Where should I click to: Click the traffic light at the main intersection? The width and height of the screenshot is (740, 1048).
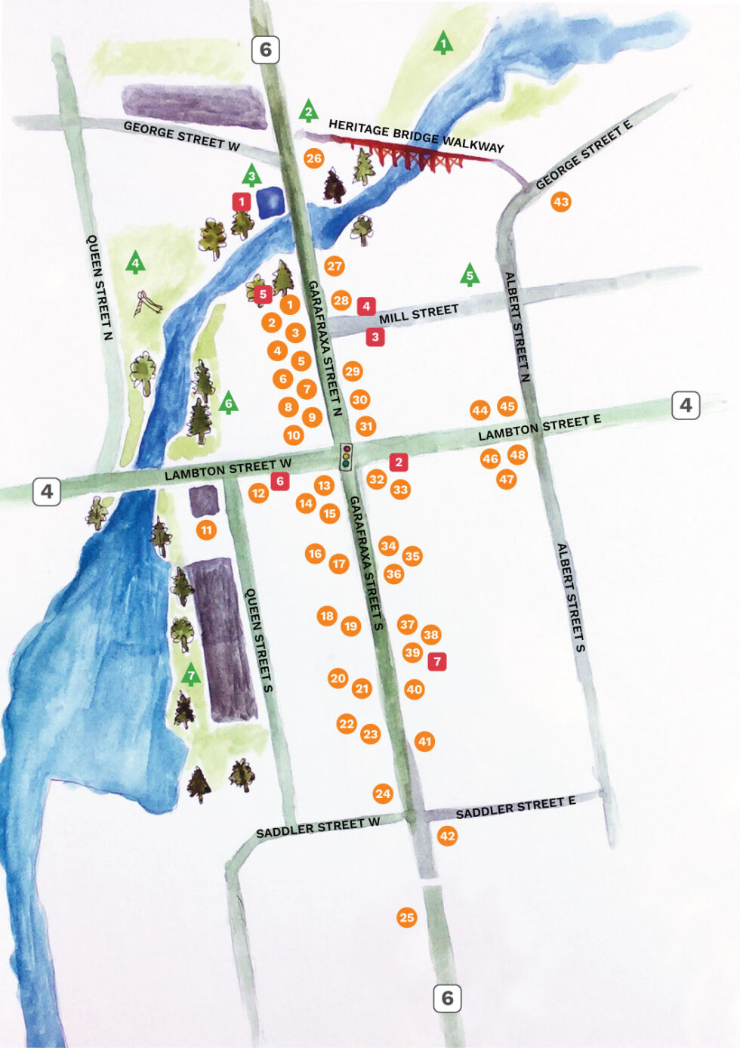point(347,456)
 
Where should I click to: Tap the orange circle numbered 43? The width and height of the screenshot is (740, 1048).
point(560,202)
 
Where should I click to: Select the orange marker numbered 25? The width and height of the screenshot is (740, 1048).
point(406,917)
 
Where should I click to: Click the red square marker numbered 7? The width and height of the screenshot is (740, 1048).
point(436,661)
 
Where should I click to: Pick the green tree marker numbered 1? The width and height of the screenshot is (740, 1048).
point(443,43)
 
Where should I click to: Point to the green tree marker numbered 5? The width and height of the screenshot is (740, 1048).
point(470,276)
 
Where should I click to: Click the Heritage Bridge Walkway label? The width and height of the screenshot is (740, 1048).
point(416,136)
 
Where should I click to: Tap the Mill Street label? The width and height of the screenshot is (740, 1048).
point(418,314)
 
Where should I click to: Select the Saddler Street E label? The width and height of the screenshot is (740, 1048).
point(515,807)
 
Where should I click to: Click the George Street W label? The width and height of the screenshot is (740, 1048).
point(181,136)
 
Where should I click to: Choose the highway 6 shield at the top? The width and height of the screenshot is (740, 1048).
point(266,50)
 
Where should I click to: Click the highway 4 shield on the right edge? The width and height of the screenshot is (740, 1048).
point(685,405)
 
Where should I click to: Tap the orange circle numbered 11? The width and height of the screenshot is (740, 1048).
point(206,530)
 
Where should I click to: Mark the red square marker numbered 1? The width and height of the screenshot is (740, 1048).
point(242,202)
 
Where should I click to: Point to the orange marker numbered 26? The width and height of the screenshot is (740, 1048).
point(313,158)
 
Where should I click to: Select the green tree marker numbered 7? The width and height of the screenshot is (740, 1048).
point(191,674)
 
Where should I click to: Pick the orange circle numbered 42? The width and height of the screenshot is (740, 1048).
point(447,835)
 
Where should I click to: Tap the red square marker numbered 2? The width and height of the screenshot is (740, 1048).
point(399,462)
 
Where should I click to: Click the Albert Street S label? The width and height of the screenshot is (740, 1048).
point(571,597)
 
